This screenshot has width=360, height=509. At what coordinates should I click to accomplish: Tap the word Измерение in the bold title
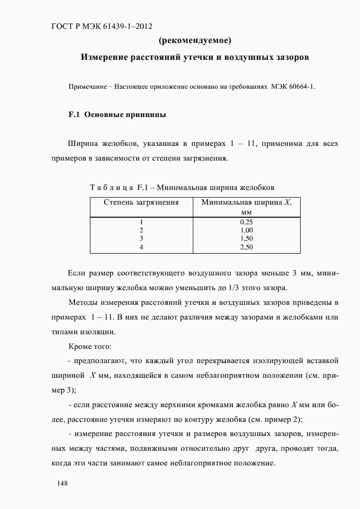tap(106, 57)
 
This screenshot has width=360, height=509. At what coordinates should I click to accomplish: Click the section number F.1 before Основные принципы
tap(74, 115)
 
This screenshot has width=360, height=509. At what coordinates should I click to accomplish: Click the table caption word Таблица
tap(112, 187)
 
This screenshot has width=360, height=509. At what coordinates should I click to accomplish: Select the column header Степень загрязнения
tap(141, 202)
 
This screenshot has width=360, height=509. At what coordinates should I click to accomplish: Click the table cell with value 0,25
tap(246, 222)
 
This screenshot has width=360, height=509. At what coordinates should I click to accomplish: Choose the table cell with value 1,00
tap(246, 230)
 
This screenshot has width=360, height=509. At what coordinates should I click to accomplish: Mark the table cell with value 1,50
tap(246, 238)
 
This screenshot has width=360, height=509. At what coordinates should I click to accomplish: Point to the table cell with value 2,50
tap(246, 247)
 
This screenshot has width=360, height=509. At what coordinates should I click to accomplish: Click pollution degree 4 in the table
tap(141, 247)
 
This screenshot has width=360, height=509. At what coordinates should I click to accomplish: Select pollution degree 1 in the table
tap(141, 222)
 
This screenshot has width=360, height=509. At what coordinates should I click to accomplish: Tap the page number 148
tap(63, 483)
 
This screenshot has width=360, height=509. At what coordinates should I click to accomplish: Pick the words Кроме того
tap(90, 346)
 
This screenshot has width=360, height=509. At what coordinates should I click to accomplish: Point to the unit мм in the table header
tap(246, 211)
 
